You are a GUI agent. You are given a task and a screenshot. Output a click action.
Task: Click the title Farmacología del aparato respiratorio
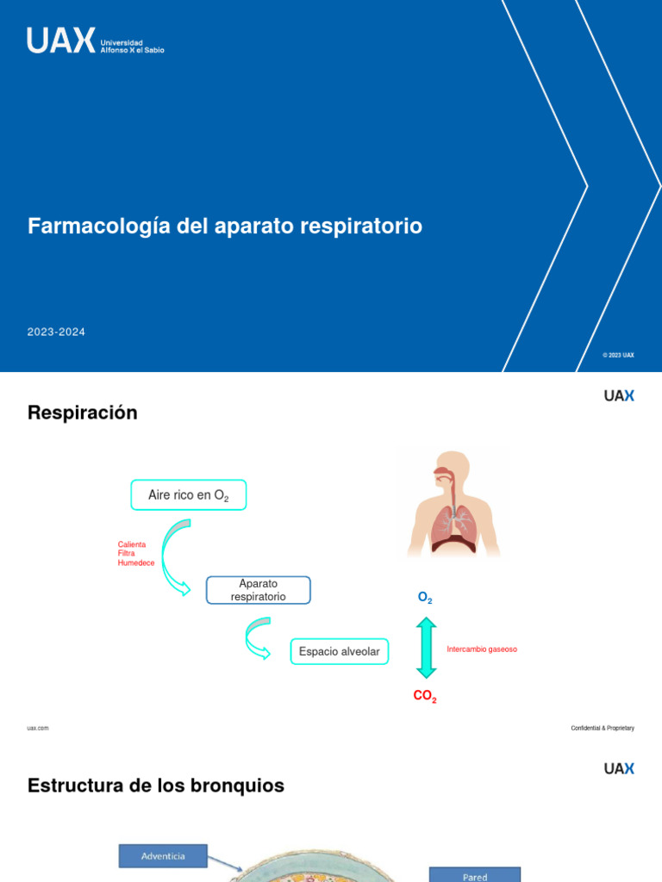click(225, 227)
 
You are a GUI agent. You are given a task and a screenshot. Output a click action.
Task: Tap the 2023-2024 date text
click(56, 332)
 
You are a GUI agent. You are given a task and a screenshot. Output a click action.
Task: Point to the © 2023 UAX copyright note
click(618, 355)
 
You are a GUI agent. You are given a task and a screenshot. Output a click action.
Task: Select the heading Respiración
click(83, 413)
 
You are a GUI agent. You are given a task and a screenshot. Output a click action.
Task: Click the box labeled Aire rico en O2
click(188, 495)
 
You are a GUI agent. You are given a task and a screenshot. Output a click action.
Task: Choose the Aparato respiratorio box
click(258, 590)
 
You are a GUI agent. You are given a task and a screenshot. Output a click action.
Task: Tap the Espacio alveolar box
click(339, 651)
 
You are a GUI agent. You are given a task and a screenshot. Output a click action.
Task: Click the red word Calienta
click(132, 544)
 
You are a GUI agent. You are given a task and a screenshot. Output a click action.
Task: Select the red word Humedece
click(136, 562)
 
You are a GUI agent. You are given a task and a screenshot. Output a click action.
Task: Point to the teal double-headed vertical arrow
click(426, 647)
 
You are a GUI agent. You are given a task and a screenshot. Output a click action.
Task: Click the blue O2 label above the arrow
click(425, 598)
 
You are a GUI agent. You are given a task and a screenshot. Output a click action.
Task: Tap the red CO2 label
click(425, 697)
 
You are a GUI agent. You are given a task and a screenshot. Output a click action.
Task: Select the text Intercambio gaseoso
click(482, 649)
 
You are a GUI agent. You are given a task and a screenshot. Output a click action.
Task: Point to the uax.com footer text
click(38, 728)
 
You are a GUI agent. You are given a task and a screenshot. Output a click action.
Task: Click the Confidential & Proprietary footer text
click(602, 728)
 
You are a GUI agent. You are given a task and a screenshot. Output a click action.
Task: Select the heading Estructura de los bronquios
click(156, 786)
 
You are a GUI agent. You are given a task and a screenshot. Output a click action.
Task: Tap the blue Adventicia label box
click(163, 855)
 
